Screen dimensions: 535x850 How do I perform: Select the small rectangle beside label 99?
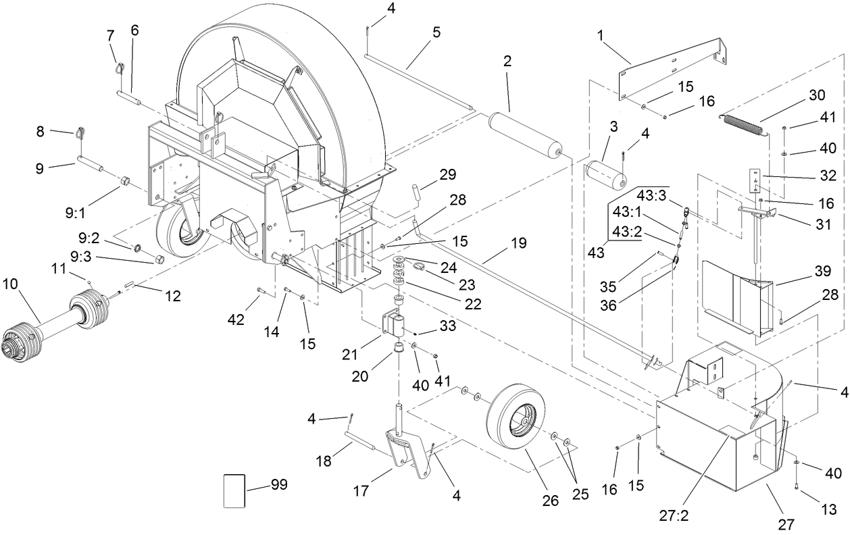(x=234, y=490)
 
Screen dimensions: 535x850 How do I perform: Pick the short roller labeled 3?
(x=605, y=176)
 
